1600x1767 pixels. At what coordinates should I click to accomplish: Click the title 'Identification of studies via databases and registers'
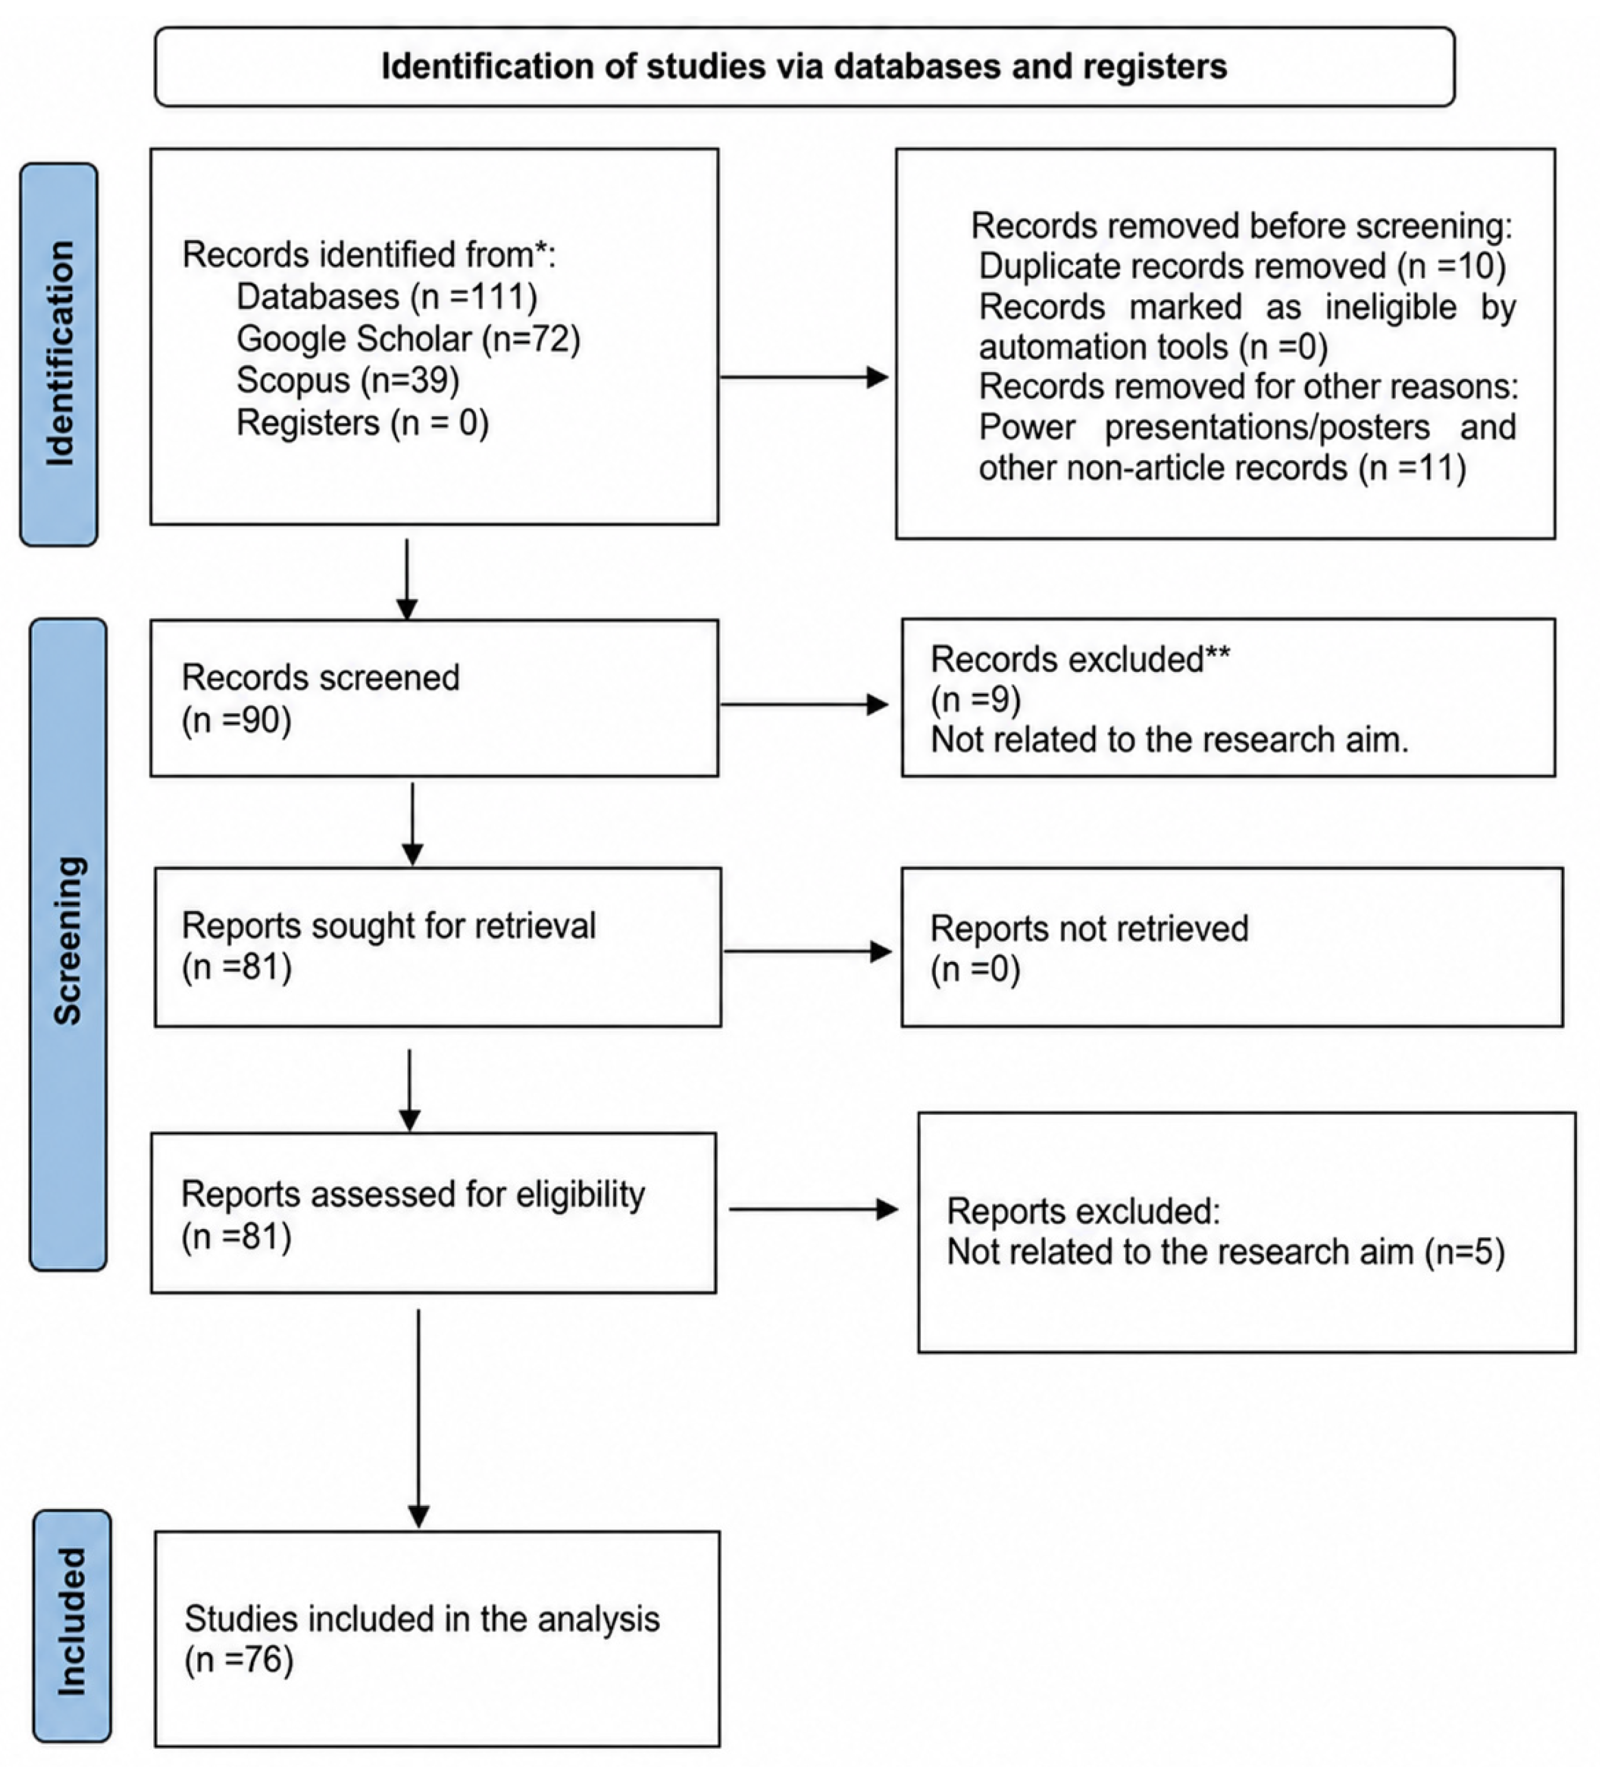805,66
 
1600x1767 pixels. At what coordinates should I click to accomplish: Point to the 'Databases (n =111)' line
386,297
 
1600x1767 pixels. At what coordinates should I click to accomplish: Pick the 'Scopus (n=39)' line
348,380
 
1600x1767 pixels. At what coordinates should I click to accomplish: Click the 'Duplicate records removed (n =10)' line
1241,265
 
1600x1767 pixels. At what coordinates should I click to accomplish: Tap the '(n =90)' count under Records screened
236,720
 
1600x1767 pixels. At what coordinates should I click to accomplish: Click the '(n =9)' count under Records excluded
975,699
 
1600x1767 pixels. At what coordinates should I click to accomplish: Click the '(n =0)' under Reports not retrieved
975,970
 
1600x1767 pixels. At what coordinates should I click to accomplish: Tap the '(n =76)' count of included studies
239,1660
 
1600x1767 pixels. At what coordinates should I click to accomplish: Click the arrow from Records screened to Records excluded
803,704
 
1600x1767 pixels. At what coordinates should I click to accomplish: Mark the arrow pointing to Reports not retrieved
807,951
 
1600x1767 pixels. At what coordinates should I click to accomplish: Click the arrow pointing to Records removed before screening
803,378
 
